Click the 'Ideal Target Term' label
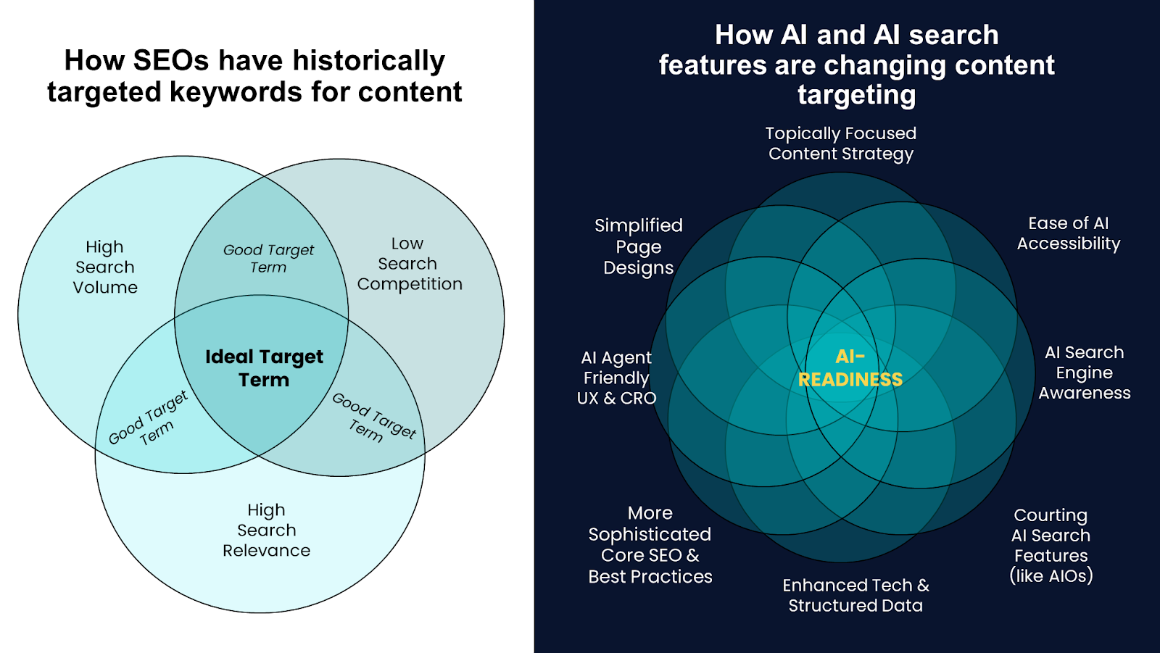point(264,368)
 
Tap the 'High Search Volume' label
point(105,267)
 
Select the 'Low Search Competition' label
point(409,264)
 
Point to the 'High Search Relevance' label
point(266,531)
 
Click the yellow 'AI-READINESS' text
point(850,368)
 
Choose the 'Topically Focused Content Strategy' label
point(841,144)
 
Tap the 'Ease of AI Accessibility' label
point(1069,233)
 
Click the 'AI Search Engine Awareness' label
point(1085,373)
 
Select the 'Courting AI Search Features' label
point(1051,545)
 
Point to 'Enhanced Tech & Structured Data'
point(855,596)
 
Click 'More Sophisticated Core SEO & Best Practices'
point(650,545)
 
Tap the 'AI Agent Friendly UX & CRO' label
point(616,378)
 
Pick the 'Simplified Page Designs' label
point(639,246)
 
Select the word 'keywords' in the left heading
point(236,91)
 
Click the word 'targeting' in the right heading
point(856,95)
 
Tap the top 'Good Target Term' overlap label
point(268,259)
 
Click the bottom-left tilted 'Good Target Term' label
point(149,418)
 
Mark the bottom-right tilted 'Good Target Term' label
point(374,417)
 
